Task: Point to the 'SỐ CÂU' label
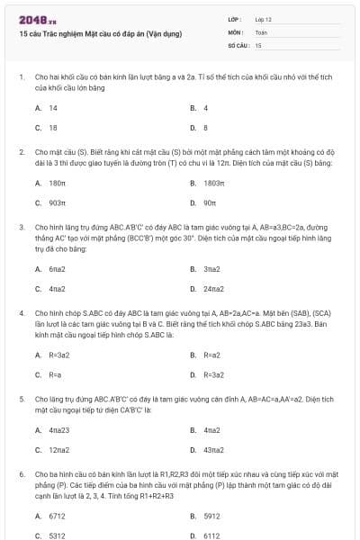tap(238, 44)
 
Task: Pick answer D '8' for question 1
tap(205, 128)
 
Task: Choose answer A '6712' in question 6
tap(57, 516)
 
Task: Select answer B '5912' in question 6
tap(211, 516)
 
